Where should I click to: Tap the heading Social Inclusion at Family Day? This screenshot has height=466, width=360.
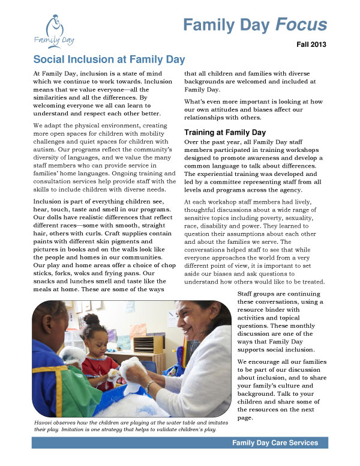pyautogui.click(x=109, y=59)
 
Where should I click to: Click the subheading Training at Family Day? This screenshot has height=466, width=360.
pyautogui.click(x=225, y=132)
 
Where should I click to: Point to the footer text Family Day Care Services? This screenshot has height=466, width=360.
pyautogui.click(x=276, y=443)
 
